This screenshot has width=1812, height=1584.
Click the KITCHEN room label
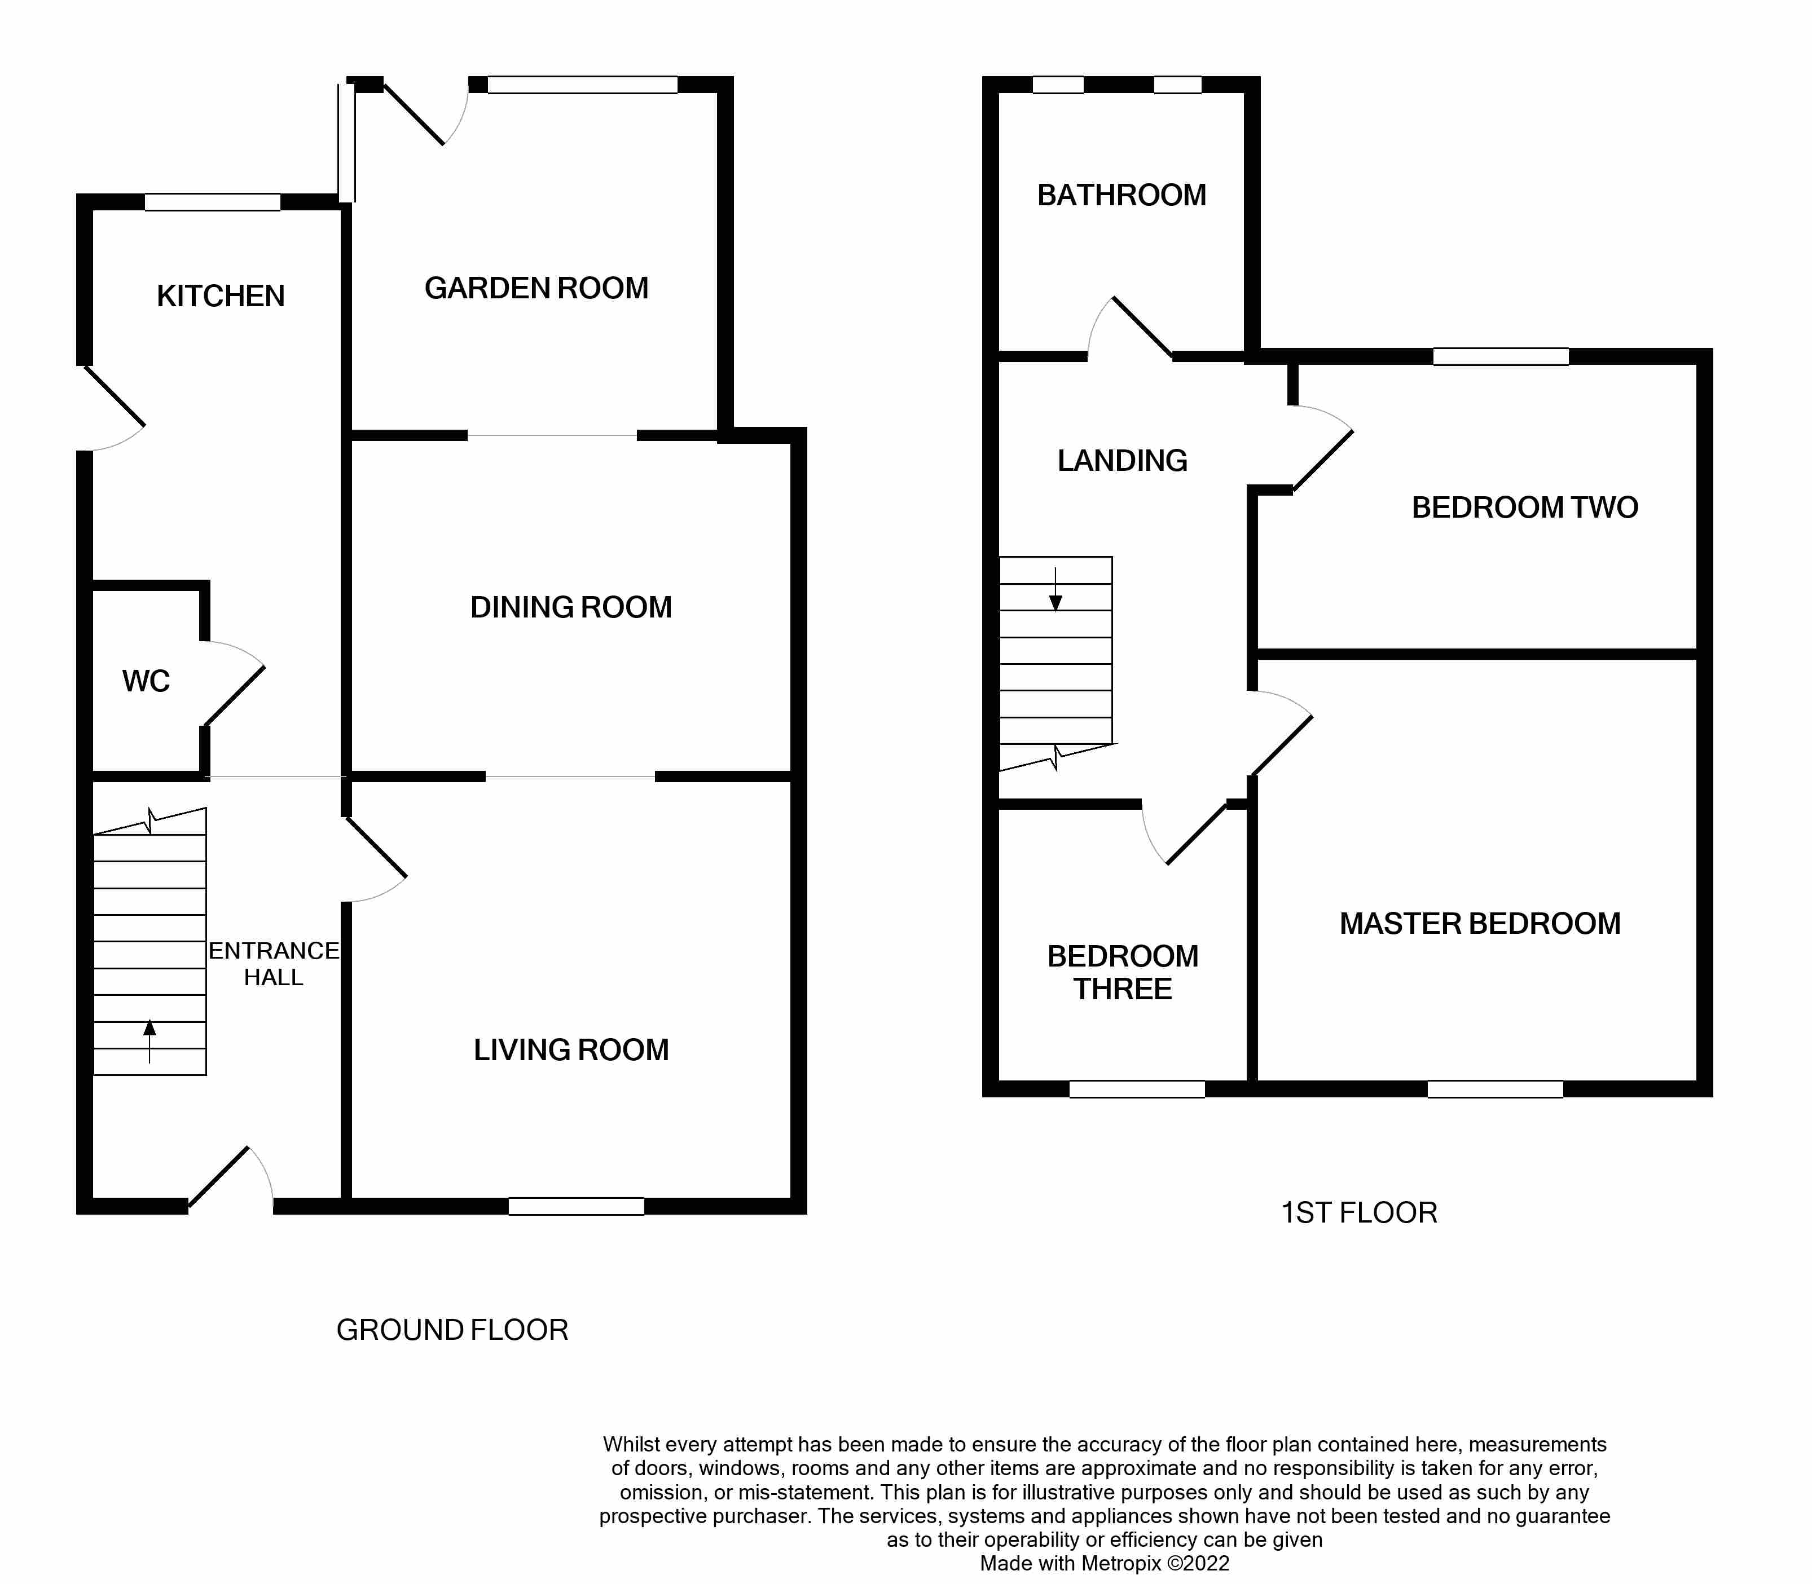click(x=220, y=296)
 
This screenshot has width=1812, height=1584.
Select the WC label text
click(x=146, y=682)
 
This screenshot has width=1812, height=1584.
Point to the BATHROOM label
click(x=1121, y=195)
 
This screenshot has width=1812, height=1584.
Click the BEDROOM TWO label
click(x=1525, y=508)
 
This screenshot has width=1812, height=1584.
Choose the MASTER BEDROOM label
click(x=1480, y=924)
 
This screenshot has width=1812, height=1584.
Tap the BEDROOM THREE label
click(x=1122, y=972)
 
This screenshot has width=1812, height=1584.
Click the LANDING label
click(x=1122, y=461)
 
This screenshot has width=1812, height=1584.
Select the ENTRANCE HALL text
click(x=273, y=964)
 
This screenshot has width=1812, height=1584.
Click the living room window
click(x=576, y=1206)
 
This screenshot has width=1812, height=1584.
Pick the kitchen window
click(x=212, y=202)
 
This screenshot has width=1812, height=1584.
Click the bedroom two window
click(x=1500, y=357)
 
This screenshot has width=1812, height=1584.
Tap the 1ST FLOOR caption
click(x=1358, y=1213)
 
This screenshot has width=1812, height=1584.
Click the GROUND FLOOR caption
click(x=452, y=1330)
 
